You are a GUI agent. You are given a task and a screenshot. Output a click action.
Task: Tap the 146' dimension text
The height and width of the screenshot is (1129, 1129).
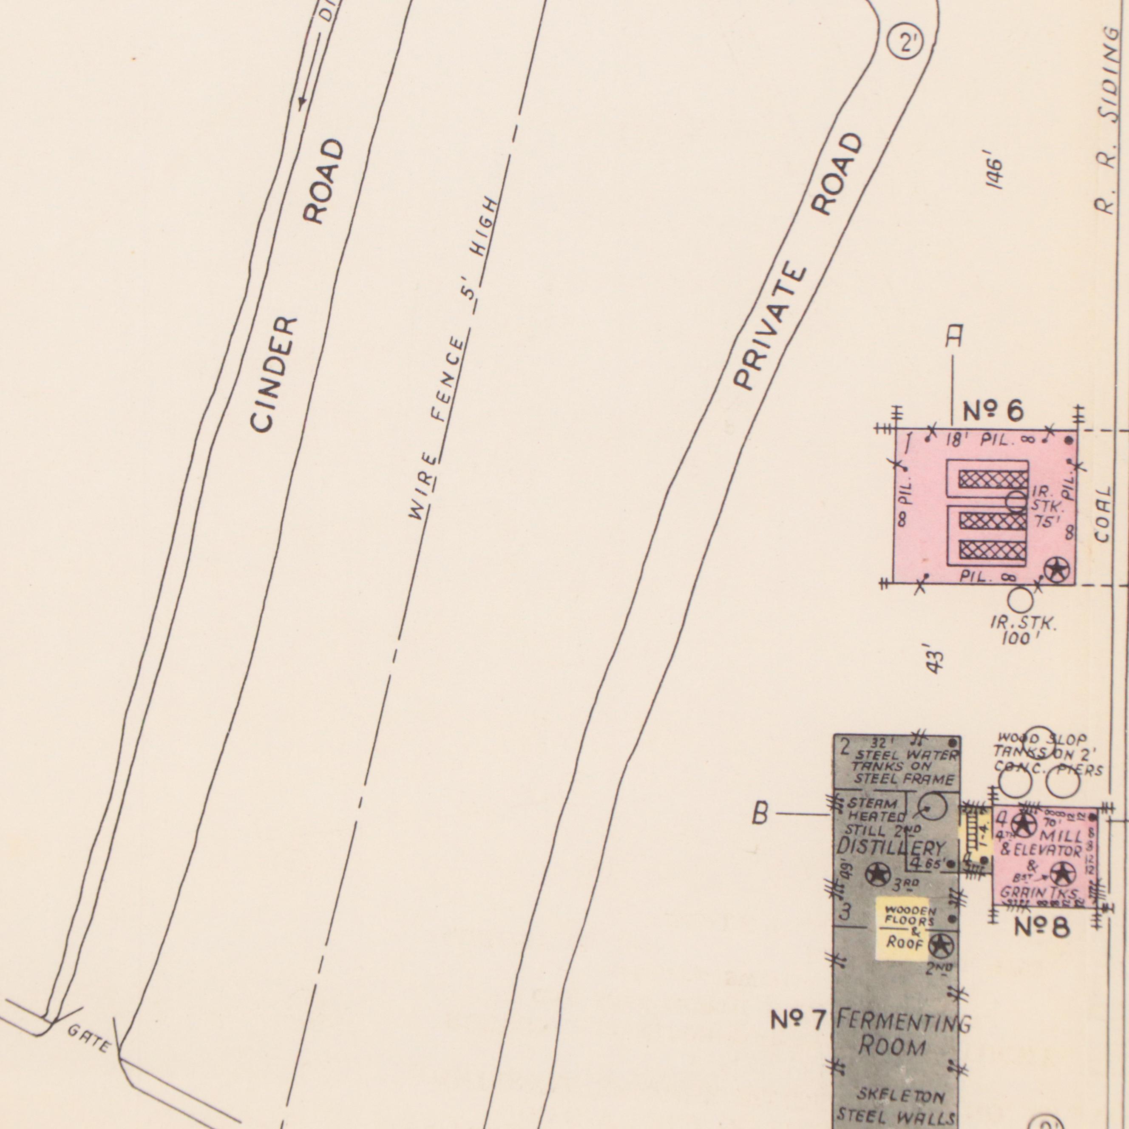point(994,173)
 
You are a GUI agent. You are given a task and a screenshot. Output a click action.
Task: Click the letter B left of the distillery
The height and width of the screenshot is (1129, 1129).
point(760,814)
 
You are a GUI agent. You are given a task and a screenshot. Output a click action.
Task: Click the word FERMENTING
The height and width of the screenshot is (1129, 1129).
point(903,1022)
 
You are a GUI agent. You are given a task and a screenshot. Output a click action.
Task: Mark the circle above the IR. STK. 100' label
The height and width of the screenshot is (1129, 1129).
point(1020,599)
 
